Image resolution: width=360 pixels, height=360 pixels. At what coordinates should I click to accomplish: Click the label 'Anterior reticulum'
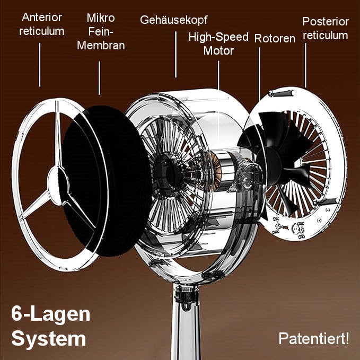41,24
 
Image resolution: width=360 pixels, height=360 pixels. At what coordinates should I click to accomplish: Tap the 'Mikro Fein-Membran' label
101,31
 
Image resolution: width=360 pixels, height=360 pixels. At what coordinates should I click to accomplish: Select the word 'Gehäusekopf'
173,20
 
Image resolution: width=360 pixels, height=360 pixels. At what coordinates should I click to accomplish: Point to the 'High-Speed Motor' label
218,43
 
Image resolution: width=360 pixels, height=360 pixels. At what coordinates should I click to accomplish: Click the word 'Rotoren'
275,38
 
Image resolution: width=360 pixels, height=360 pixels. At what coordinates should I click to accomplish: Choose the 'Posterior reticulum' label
326,28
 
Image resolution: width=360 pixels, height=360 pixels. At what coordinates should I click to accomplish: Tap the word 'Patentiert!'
314,338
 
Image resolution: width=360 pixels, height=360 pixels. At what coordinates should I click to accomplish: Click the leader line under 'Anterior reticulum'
40,65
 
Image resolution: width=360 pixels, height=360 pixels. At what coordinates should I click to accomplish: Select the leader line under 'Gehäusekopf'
176,55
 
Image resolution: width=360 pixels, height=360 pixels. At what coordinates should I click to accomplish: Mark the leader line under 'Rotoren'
259,74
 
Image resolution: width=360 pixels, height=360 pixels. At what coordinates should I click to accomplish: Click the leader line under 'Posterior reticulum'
305,65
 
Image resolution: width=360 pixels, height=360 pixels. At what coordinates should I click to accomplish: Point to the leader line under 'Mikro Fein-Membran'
100,77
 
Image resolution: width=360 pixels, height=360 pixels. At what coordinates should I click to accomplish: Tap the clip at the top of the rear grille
282,93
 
